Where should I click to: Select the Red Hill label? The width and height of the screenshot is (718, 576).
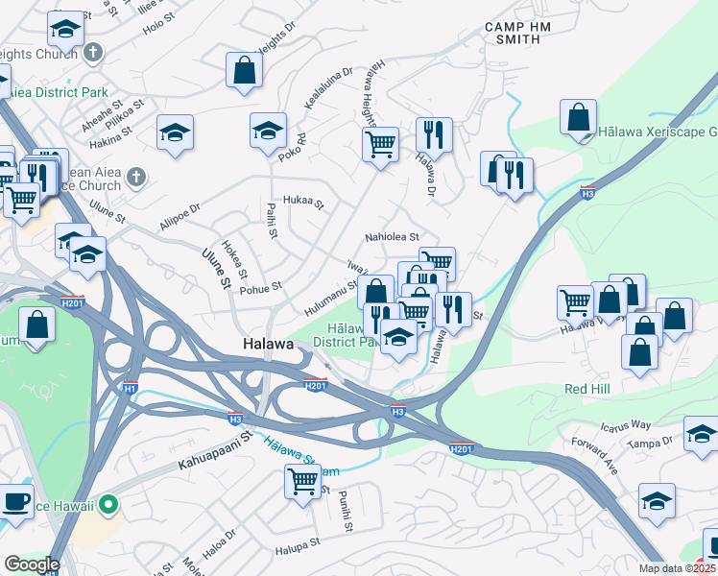click(x=588, y=390)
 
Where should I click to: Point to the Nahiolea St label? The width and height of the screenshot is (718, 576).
click(x=392, y=237)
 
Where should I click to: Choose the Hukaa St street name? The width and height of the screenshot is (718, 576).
click(x=305, y=204)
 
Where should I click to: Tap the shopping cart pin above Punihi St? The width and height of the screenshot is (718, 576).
click(x=301, y=482)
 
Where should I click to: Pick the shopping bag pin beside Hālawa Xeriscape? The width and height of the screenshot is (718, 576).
click(x=579, y=118)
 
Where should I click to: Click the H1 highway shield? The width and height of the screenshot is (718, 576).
click(x=130, y=388)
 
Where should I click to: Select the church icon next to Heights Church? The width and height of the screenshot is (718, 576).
click(x=93, y=52)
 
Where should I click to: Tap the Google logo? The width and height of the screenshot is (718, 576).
click(x=32, y=564)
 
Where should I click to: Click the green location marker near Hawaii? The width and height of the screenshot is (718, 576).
click(x=109, y=502)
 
